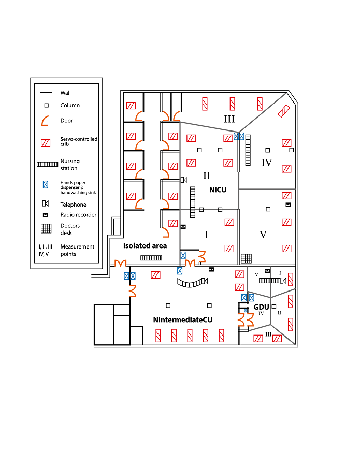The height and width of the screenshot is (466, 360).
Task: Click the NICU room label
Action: [x=218, y=190]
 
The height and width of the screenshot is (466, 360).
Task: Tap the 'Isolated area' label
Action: [x=145, y=245]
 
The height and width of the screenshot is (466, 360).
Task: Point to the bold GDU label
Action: [x=261, y=307]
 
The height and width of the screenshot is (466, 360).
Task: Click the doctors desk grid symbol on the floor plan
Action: [x=247, y=258]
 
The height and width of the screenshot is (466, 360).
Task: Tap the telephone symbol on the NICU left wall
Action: [x=183, y=180]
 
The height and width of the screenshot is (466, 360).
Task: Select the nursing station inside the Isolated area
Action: [x=151, y=257]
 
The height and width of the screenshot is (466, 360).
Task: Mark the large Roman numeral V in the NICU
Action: [x=263, y=235]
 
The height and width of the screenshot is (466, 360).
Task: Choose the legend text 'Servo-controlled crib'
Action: [x=79, y=141]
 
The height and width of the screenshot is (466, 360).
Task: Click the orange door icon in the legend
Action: [x=46, y=121]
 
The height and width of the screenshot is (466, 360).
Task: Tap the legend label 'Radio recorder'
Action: [x=78, y=215]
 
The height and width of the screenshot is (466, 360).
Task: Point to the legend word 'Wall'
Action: [x=65, y=93]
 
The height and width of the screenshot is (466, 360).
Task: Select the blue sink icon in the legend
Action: [x=46, y=184]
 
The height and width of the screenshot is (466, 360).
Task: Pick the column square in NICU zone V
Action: [x=268, y=209]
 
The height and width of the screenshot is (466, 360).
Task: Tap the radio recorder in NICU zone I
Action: [x=183, y=227]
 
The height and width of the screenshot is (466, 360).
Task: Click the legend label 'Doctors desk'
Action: [x=70, y=229]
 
